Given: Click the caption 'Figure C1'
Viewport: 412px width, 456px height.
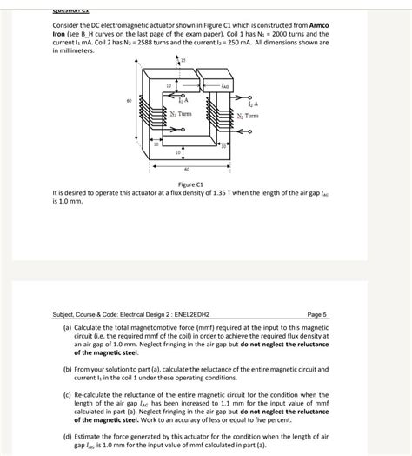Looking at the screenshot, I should [x=190, y=184].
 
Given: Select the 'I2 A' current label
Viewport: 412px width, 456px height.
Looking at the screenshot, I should [x=255, y=103].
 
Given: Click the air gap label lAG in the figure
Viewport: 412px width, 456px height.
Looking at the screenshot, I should [x=225, y=85].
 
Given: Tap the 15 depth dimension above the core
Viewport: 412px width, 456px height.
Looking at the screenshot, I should [x=184, y=58].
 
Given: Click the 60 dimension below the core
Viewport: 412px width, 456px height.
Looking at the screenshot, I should [x=187, y=169].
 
